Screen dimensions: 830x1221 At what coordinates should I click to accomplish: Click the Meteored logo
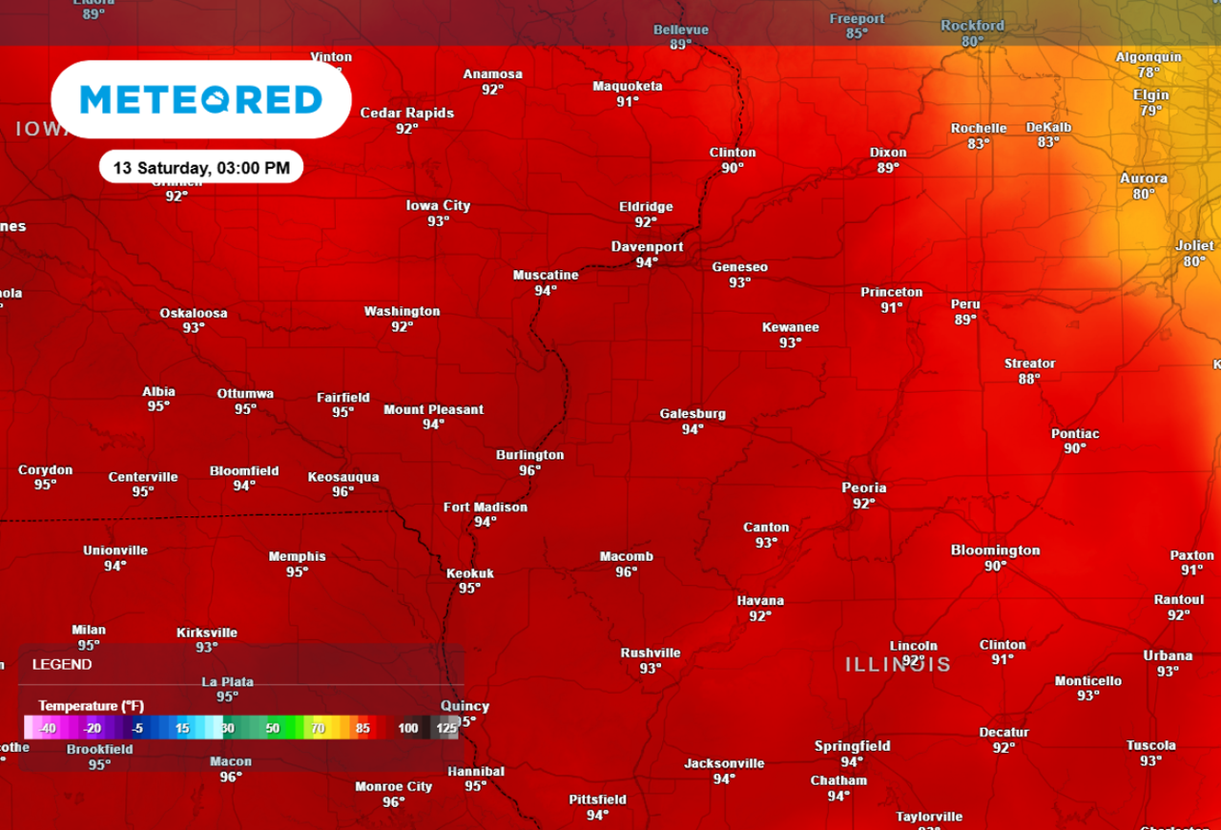201,99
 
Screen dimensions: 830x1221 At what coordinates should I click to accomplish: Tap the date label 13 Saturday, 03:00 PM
201,168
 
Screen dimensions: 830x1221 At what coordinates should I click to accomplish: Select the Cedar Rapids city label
406,113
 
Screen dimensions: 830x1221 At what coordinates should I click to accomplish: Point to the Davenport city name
647,246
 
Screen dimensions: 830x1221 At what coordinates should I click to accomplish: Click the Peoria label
863,488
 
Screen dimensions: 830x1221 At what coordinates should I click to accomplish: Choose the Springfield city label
852,746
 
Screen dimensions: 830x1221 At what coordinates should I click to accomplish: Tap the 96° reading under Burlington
529,470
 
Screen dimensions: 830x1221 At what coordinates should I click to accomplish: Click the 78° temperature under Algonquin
1149,73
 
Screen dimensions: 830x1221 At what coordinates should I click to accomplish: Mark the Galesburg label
693,414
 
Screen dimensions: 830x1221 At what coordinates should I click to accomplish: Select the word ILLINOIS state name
898,664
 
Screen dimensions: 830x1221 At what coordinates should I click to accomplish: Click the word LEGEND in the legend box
62,664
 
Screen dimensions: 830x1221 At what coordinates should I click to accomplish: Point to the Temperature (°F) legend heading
92,706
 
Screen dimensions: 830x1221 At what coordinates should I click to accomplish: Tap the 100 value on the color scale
408,729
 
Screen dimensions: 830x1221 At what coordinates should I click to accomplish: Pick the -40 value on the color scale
48,729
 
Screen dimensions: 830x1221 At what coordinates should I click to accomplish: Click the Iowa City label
438,205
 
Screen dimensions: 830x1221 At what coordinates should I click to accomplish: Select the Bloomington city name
995,550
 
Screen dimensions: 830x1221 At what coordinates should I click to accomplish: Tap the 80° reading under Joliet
1194,261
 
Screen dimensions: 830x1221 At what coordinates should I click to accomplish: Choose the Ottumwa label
245,393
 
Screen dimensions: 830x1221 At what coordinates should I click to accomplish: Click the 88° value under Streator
1028,379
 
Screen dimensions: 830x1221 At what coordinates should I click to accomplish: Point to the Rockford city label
972,26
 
